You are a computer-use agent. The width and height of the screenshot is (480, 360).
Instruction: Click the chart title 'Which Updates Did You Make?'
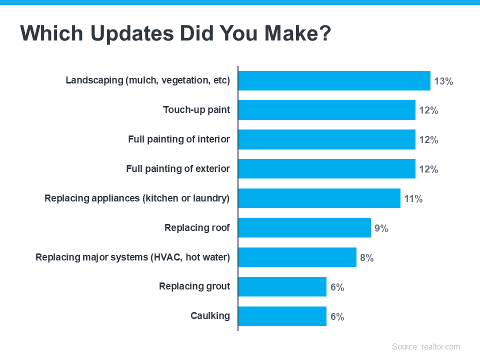pyautogui.click(x=175, y=33)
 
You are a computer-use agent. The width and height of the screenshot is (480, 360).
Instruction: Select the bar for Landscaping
pyautogui.click(x=334, y=80)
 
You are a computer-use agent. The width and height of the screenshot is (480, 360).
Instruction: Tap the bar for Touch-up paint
pyautogui.click(x=326, y=110)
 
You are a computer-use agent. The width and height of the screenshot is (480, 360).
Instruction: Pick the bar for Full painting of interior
pyautogui.click(x=326, y=139)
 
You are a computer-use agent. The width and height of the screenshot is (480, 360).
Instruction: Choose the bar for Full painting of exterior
pyautogui.click(x=326, y=169)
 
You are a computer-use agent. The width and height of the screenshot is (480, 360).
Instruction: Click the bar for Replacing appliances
pyautogui.click(x=319, y=198)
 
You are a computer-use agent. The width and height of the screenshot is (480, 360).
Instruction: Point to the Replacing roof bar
pyautogui.click(x=304, y=228)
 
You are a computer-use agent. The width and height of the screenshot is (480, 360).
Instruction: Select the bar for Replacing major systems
pyautogui.click(x=297, y=257)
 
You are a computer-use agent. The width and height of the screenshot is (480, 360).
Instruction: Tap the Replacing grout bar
pyautogui.click(x=282, y=287)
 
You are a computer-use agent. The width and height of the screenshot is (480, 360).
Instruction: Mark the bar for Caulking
pyautogui.click(x=282, y=316)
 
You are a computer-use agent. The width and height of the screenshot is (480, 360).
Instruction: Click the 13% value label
pyautogui.click(x=443, y=81)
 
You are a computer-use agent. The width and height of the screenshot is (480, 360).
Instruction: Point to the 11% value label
pyautogui.click(x=413, y=199)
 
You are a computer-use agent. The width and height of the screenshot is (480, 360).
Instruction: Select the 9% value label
pyautogui.click(x=381, y=228)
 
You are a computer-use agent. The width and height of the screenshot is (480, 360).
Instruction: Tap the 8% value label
pyautogui.click(x=366, y=258)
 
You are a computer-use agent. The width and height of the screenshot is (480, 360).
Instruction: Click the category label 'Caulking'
pyautogui.click(x=210, y=316)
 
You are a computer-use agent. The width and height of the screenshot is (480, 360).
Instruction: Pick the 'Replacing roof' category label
pyautogui.click(x=197, y=228)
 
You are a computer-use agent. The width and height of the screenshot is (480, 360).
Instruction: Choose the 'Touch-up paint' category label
pyautogui.click(x=196, y=110)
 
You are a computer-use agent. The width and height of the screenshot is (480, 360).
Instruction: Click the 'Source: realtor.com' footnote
pyautogui.click(x=425, y=346)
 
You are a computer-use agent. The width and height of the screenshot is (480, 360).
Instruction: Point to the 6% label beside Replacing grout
pyautogui.click(x=337, y=287)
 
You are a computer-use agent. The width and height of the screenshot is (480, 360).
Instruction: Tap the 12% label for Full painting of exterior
pyautogui.click(x=428, y=169)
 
